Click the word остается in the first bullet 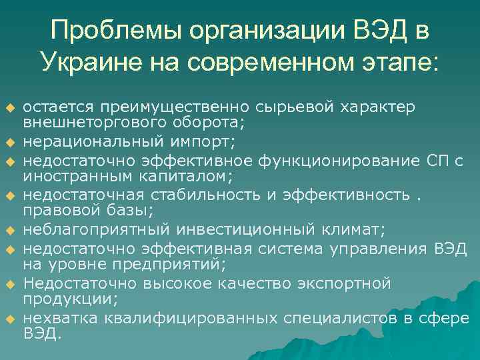click(58, 107)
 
